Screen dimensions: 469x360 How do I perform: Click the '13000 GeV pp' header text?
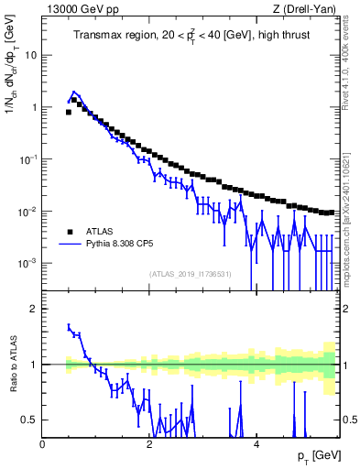click(x=76, y=9)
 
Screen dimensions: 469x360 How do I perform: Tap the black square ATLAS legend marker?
click(x=69, y=231)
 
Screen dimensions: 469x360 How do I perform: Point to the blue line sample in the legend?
click(x=69, y=245)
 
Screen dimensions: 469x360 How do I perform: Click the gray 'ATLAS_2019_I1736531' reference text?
click(x=191, y=274)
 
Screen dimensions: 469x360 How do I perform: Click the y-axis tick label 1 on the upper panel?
click(x=34, y=107)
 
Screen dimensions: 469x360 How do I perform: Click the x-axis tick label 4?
click(x=256, y=443)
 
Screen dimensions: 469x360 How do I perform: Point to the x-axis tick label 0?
click(x=42, y=443)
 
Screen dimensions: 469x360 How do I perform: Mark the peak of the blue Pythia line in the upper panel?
click(x=74, y=93)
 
